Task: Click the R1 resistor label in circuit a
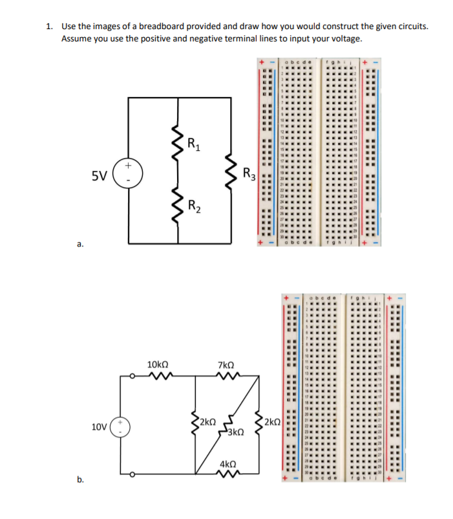click(x=193, y=144)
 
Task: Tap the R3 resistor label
click(x=249, y=173)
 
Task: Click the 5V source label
click(x=99, y=175)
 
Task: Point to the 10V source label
click(x=100, y=428)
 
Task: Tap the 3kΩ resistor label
click(x=235, y=432)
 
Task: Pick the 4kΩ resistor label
click(x=228, y=465)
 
